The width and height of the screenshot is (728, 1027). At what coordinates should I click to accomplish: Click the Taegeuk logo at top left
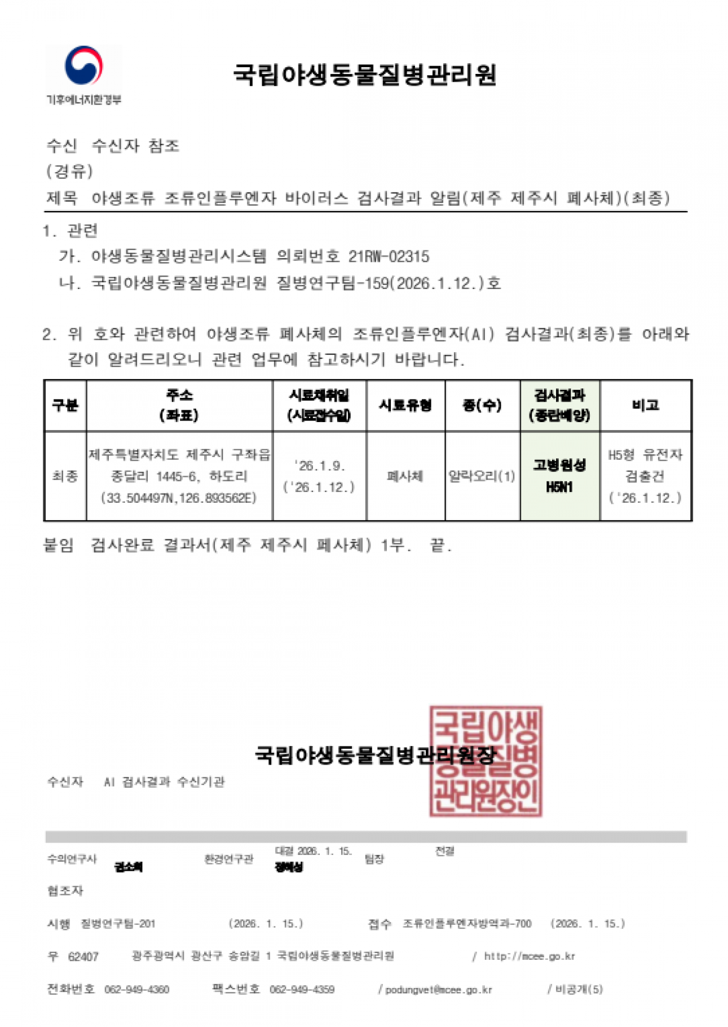[83, 66]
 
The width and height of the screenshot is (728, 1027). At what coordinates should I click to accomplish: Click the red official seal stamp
[485, 761]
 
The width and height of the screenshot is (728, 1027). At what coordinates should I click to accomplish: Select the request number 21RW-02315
[389, 257]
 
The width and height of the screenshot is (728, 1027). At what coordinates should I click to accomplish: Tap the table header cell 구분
[65, 405]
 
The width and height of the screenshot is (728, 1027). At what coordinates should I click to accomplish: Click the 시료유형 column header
[405, 405]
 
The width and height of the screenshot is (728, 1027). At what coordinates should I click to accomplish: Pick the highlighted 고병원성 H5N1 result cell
[559, 476]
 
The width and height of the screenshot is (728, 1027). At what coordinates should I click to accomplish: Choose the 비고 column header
[645, 405]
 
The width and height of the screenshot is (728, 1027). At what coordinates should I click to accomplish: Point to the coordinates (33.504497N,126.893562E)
[178, 498]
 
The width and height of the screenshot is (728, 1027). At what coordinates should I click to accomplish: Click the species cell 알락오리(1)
[482, 476]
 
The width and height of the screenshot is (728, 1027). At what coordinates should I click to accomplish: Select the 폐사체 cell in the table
[405, 476]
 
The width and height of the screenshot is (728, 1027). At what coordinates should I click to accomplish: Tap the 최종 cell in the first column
[65, 476]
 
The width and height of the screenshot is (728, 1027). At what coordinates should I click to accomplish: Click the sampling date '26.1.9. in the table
[319, 466]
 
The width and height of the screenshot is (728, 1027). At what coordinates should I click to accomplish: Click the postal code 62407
[83, 956]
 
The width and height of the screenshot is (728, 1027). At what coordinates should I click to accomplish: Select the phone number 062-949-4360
[136, 989]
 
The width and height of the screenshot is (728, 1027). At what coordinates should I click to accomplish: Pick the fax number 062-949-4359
[302, 989]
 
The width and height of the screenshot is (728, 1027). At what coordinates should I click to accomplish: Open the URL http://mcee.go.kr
[529, 956]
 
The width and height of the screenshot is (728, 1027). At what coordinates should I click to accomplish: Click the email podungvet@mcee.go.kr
[438, 990]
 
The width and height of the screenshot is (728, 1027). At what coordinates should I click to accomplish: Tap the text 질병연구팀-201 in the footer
[118, 924]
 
